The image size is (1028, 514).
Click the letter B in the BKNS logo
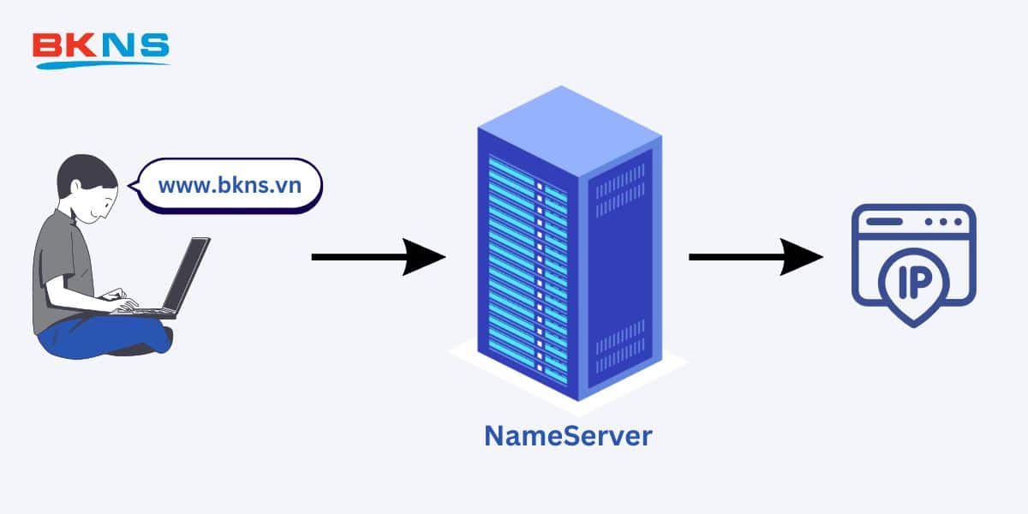45,45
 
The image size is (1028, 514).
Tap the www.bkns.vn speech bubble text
230,184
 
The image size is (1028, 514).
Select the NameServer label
568,435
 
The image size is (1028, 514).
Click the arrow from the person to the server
377,256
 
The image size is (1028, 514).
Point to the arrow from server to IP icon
754,256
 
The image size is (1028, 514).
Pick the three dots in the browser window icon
943,222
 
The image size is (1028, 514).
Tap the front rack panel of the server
527,266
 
